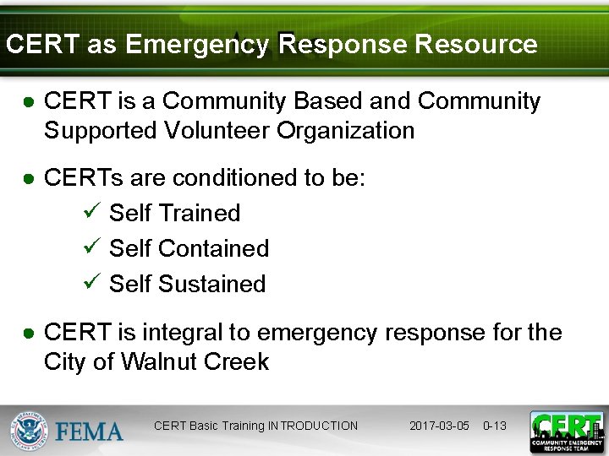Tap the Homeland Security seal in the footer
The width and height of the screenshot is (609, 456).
click(30, 431)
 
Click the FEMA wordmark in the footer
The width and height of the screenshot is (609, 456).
click(90, 432)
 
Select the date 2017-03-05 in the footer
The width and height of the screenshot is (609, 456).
click(439, 426)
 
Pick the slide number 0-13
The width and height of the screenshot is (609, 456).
click(495, 426)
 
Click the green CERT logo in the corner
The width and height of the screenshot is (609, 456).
click(566, 432)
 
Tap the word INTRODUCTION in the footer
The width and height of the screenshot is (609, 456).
click(313, 426)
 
